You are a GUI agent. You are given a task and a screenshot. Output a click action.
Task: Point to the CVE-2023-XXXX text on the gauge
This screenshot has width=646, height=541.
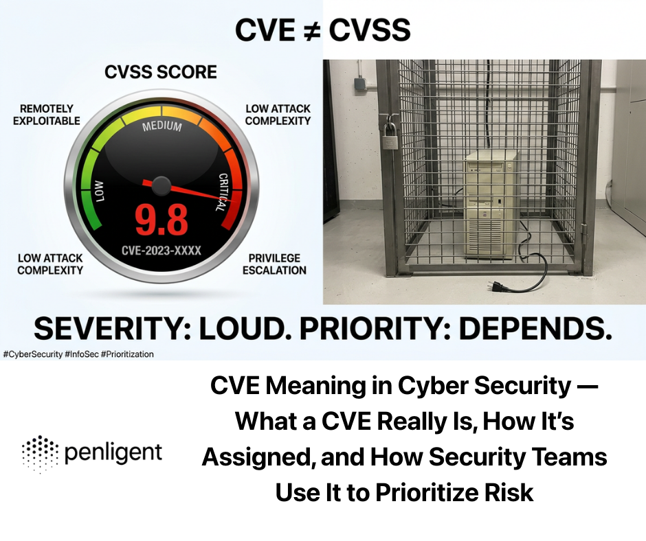(161, 251)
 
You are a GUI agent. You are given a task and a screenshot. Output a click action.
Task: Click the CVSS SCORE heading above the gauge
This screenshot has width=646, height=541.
(160, 72)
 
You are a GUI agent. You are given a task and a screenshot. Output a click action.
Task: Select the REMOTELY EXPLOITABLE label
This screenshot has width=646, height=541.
(47, 115)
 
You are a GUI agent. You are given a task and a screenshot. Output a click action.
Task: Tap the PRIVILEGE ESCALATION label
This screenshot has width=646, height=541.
(274, 264)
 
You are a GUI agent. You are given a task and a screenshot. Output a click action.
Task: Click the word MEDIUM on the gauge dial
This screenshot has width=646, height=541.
(161, 127)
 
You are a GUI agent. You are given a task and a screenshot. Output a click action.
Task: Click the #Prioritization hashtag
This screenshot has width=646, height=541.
(128, 354)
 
